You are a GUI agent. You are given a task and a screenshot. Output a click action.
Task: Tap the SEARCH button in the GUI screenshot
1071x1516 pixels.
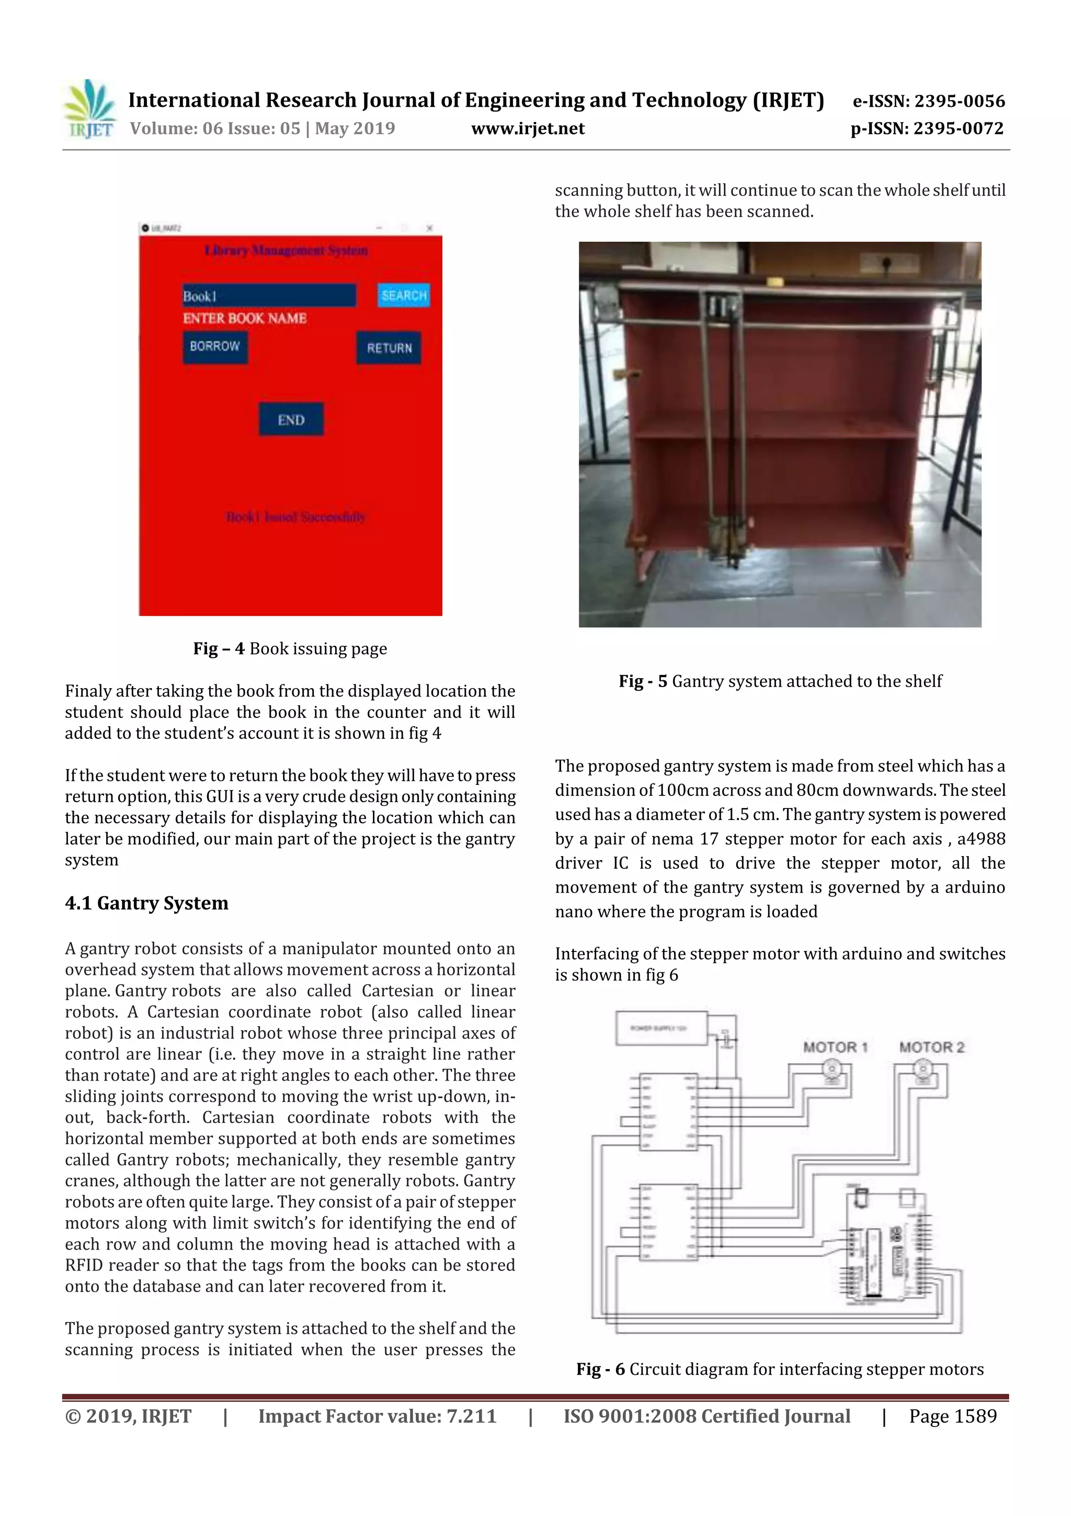[x=403, y=295]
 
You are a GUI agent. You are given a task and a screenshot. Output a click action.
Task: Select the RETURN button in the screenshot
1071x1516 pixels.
[x=389, y=348]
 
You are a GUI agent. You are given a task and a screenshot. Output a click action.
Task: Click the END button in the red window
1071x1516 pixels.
[x=291, y=420]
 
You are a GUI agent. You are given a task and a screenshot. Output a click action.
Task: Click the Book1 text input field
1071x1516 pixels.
[x=269, y=296]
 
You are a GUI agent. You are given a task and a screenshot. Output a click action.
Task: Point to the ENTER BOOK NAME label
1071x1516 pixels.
[x=245, y=318]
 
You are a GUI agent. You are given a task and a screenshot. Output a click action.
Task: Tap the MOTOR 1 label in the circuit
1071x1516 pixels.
[x=835, y=1047]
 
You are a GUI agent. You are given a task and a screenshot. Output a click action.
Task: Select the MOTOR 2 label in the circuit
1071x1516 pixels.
[x=931, y=1047]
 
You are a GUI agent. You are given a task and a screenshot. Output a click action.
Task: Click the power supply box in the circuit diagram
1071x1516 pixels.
[x=660, y=1028]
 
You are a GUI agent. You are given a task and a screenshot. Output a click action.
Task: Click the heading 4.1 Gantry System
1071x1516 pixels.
[x=146, y=903]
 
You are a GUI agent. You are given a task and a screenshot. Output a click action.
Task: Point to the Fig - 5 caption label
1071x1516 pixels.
[x=643, y=681]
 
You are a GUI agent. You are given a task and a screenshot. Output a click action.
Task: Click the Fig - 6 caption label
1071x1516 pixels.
[x=600, y=1369]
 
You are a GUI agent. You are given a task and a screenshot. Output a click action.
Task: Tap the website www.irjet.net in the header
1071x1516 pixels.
[x=527, y=129]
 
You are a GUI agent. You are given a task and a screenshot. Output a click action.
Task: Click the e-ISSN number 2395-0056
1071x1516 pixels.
[x=959, y=101]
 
